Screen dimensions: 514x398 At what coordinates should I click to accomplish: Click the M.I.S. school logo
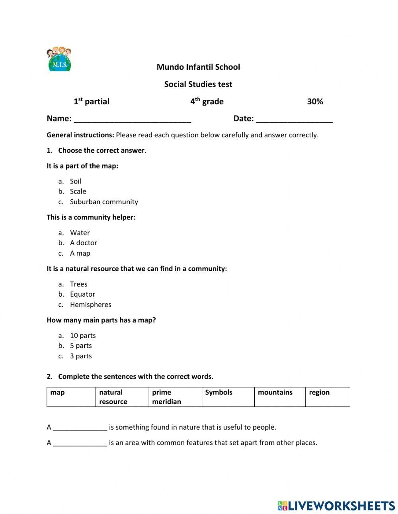coord(59,59)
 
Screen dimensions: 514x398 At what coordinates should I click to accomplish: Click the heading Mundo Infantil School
coord(198,67)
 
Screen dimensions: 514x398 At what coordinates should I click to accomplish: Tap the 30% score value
coord(315,102)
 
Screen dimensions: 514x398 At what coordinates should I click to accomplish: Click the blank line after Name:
coord(132,119)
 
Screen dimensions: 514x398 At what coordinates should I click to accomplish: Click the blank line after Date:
coord(294,119)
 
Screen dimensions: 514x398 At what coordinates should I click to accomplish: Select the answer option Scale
coord(78,192)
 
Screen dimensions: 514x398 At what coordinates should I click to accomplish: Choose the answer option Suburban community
coord(104,202)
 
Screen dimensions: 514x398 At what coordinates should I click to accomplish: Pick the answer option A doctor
coord(84,243)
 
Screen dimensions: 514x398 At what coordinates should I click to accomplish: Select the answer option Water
coord(80,233)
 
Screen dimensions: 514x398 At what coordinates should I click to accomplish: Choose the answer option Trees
coord(78,284)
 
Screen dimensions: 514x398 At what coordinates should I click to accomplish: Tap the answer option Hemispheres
coord(91,305)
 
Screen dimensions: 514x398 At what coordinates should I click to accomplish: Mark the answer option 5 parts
coord(81,346)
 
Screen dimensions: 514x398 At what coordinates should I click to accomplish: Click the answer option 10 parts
coord(83,336)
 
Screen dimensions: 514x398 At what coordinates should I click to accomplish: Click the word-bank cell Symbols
coord(228,397)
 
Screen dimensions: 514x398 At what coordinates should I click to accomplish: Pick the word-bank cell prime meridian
coord(176,397)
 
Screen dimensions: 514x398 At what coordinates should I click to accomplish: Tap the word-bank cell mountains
coord(279,397)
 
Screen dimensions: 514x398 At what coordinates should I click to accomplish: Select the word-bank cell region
coord(327,397)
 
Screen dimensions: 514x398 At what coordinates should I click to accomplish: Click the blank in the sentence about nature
coord(80,428)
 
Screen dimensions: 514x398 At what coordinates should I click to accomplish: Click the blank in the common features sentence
coord(80,443)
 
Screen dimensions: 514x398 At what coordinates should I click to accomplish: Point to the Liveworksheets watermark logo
coord(336,506)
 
